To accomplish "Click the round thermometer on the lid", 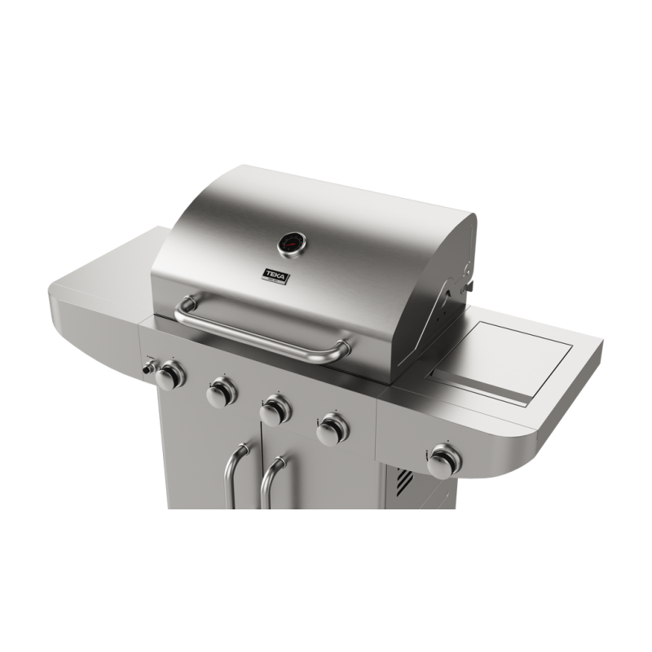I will pos(290,243).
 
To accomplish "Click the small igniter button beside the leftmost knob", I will pos(150,368).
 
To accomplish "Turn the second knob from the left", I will pos(218,394).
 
